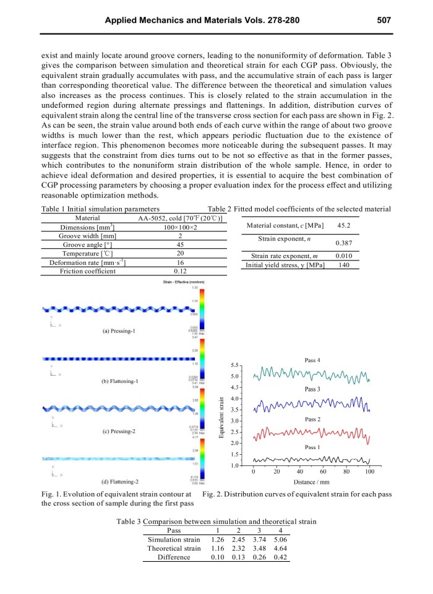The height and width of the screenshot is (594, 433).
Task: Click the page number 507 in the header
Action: [384, 20]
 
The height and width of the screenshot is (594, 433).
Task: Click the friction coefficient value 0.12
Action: [181, 271]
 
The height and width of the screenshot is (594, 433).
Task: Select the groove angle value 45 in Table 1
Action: [181, 245]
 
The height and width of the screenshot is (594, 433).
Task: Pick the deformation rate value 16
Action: [181, 262]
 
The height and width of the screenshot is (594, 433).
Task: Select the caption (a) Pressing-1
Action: [119, 331]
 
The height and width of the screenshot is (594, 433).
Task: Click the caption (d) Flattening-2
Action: [119, 481]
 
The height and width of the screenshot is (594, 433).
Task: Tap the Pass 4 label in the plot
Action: [312, 360]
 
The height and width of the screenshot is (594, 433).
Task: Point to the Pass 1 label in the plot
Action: [312, 446]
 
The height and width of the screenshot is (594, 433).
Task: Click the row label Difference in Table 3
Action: [174, 557]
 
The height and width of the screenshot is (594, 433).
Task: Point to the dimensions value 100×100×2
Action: [181, 228]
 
